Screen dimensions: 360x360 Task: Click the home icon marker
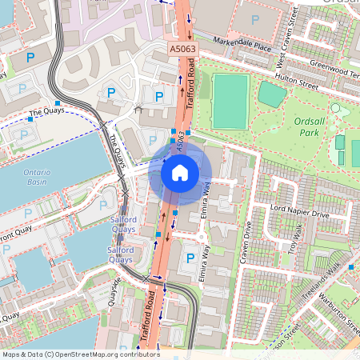tap(180, 172)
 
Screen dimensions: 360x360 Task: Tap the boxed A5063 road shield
tap(182, 50)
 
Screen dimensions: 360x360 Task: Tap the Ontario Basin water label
tap(37, 177)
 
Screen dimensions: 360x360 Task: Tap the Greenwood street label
tap(334, 70)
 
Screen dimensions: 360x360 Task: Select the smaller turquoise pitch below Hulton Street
tap(272, 94)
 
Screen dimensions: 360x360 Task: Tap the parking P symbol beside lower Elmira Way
tap(190, 258)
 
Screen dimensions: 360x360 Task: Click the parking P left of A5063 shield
tap(158, 96)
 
